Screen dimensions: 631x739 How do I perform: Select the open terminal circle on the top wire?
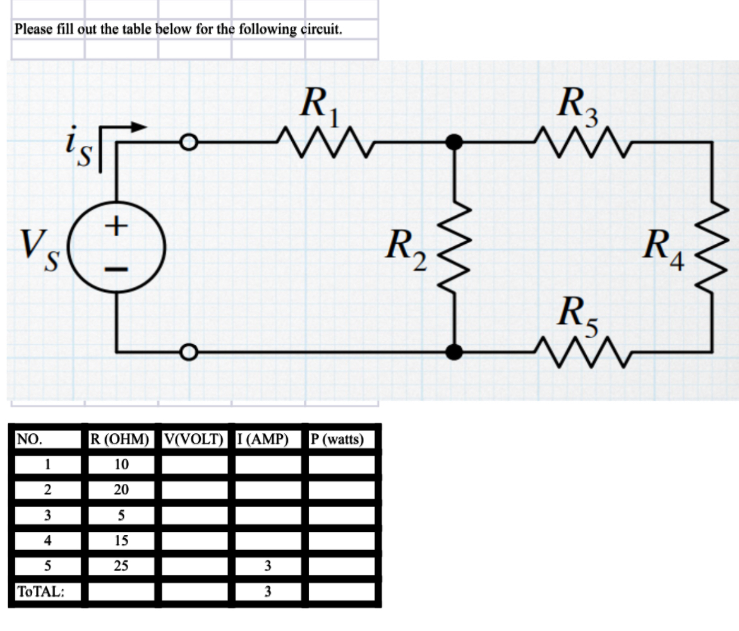(x=188, y=143)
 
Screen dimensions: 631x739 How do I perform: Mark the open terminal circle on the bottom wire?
(x=188, y=351)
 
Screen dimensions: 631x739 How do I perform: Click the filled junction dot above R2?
(x=454, y=143)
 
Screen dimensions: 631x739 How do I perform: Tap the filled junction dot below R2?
(x=454, y=351)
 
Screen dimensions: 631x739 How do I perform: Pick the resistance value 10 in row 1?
(x=121, y=465)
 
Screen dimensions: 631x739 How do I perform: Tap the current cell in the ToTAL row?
(x=268, y=592)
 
